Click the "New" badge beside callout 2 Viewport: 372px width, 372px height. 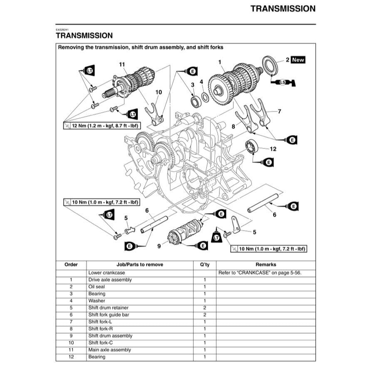pos(298,60)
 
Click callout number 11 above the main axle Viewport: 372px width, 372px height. pos(122,64)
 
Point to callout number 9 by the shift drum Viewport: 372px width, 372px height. pos(159,246)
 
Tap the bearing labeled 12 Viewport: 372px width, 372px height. pos(253,146)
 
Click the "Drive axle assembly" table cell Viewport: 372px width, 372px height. pos(110,280)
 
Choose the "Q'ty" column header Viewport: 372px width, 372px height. pos(204,264)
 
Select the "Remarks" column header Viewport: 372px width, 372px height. pos(265,264)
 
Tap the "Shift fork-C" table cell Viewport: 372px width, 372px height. pos(100,342)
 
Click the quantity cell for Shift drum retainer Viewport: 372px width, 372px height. pos(204,308)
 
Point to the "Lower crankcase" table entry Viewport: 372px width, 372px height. pos(107,273)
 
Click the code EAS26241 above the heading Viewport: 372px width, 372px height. pos(62,30)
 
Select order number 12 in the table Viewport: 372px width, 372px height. pos(71,357)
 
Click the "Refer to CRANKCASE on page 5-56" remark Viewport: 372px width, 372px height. pos(259,273)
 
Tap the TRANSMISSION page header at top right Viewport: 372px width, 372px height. pos(283,8)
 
